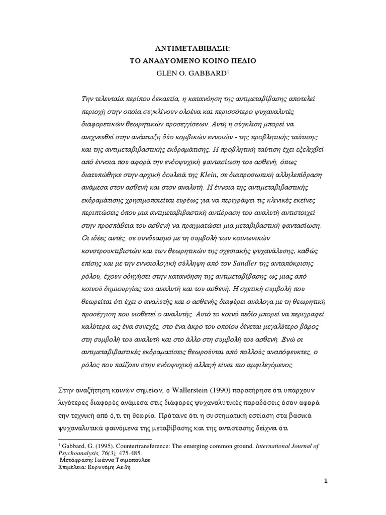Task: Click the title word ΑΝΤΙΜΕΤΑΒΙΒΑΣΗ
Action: [193, 49]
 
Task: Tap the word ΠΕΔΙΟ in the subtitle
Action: [242, 60]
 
